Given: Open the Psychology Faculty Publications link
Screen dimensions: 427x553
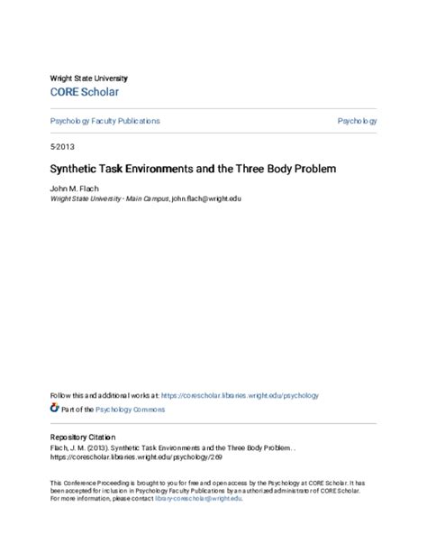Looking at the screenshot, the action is [104, 121].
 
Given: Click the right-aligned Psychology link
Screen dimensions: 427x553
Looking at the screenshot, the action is [358, 121].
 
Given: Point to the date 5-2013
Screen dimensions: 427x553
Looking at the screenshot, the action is [62, 146].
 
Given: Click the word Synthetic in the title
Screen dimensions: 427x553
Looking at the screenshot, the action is [74, 169].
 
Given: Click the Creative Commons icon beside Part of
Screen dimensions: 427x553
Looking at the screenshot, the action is [54, 409].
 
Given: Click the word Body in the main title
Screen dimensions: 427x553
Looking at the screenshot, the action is [250, 169].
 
